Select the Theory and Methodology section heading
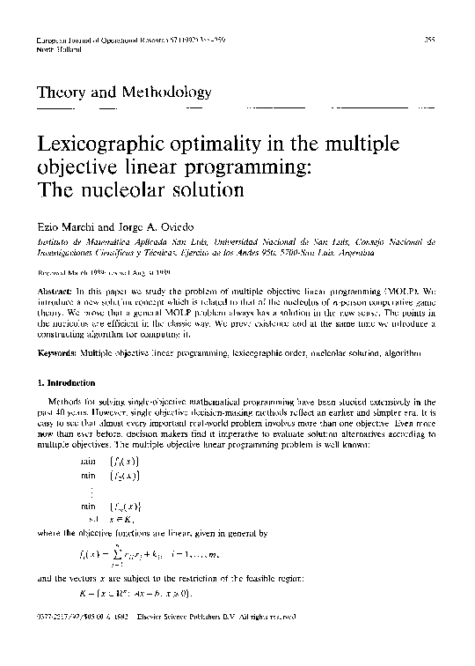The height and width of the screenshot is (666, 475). tap(123, 92)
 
